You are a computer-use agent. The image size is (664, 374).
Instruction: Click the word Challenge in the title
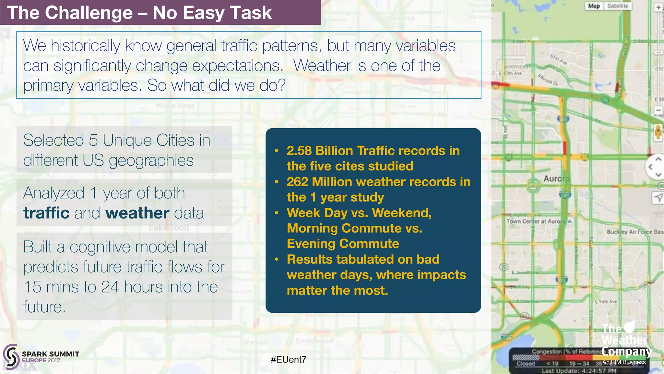89,13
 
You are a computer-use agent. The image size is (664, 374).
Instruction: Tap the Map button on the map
594,6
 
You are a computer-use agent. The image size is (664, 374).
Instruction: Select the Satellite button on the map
617,6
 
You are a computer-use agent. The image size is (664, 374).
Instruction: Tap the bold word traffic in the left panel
46,213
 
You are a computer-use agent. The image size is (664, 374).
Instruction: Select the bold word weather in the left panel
137,213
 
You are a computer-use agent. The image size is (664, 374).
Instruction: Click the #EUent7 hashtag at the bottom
288,359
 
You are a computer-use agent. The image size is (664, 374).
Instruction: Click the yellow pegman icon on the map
658,132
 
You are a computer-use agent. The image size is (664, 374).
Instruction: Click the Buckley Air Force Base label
634,232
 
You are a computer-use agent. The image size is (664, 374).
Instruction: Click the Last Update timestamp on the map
579,371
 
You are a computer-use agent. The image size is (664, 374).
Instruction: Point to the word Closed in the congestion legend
526,364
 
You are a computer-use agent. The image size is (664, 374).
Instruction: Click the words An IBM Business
624,362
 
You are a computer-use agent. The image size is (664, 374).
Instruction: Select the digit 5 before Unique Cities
93,141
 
